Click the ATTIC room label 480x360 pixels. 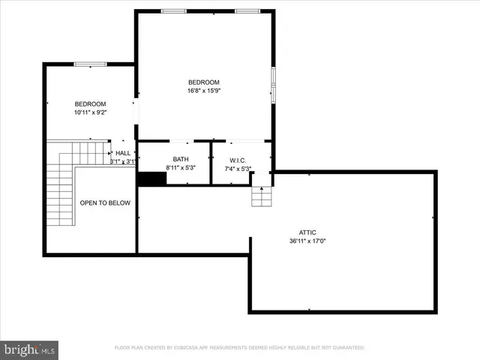[x=307, y=232]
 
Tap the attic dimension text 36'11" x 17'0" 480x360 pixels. [x=307, y=241]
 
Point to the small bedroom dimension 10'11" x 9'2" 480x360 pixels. [x=90, y=112]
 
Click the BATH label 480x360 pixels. [x=181, y=159]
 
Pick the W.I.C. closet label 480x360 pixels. [x=238, y=160]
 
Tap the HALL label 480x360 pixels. [x=123, y=153]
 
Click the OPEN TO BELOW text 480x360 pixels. [x=105, y=202]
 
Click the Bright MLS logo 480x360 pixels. [x=30, y=349]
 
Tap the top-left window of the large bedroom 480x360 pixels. [x=174, y=11]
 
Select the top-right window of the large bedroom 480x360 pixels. [x=247, y=11]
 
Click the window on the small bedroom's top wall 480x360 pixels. [x=90, y=64]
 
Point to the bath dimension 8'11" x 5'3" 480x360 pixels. [x=181, y=169]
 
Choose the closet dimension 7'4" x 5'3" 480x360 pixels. [x=238, y=169]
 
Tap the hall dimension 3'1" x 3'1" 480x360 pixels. [x=123, y=161]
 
